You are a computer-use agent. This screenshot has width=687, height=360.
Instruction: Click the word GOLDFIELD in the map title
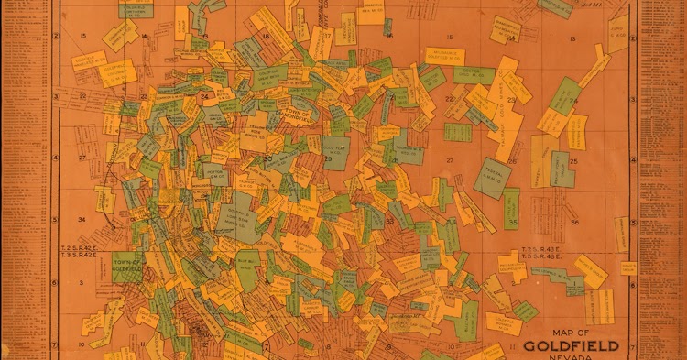tap(572, 346)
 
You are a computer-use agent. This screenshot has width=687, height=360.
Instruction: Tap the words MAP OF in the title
tap(571, 333)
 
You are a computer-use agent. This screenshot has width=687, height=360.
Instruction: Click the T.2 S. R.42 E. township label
tap(81, 248)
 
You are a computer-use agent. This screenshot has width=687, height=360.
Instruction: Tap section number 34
tap(82, 220)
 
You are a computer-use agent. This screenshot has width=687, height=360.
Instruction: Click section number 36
tap(575, 221)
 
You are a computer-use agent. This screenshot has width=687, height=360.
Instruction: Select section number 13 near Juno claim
tap(572, 38)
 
